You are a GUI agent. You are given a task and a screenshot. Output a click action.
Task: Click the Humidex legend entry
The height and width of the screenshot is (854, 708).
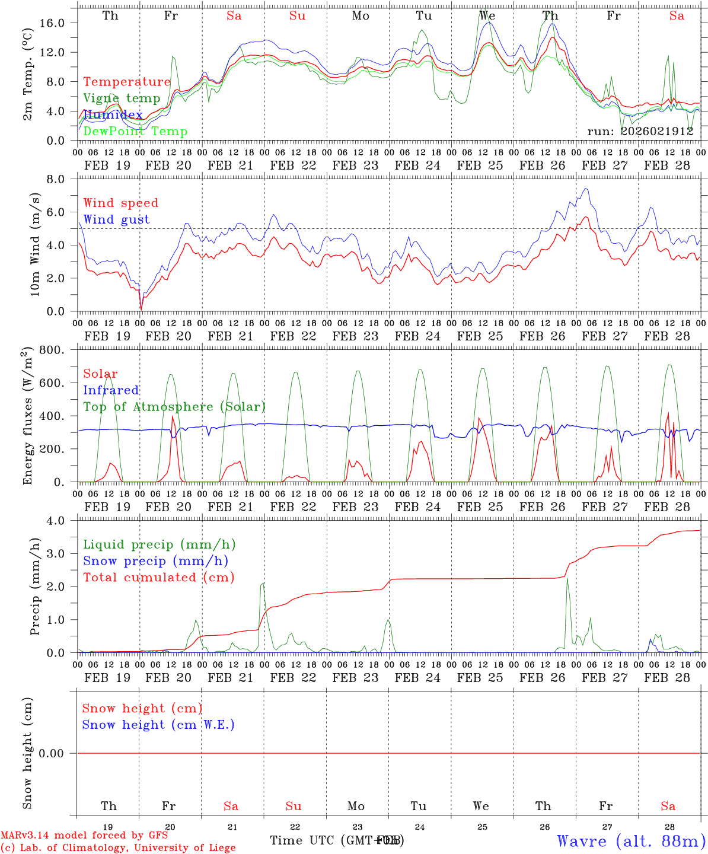point(113,115)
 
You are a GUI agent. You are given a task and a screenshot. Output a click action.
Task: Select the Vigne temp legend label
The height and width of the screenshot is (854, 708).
point(122,98)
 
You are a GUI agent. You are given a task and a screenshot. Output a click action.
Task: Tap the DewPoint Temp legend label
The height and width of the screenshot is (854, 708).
point(135,132)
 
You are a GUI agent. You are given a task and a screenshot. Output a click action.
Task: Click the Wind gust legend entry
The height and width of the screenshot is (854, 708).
point(116,219)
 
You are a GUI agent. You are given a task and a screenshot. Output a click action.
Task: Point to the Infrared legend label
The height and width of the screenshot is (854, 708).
point(111,390)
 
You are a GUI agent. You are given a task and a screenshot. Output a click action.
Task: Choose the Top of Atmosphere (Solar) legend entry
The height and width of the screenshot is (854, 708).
point(174,407)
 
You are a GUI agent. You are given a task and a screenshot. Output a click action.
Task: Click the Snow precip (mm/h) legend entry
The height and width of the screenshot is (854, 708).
point(155,561)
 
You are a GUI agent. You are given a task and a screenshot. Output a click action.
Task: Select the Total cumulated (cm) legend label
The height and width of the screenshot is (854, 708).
point(158,577)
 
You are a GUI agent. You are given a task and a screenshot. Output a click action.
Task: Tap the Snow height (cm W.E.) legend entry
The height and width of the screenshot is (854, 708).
point(158,725)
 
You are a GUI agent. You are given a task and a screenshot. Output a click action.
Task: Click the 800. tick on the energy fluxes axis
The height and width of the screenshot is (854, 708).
point(58,350)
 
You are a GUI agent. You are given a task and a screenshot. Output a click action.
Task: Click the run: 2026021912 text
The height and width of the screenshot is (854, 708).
point(640,132)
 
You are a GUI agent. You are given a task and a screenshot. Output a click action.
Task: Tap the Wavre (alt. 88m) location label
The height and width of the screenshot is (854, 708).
point(631,840)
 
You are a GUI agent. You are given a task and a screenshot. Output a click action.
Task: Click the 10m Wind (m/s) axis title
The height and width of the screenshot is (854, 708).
point(35,244)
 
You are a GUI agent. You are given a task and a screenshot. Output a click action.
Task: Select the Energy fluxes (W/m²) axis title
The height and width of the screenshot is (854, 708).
point(27,417)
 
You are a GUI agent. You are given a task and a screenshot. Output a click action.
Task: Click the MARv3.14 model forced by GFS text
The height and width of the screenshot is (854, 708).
point(84,836)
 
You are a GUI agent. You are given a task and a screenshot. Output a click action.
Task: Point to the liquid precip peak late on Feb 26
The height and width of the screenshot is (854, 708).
point(567,579)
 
